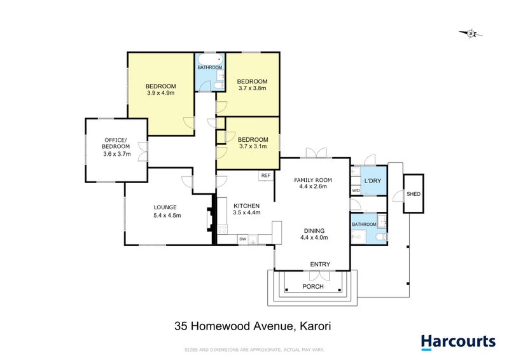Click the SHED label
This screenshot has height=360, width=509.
pyautogui.click(x=414, y=195)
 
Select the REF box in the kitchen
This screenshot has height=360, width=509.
pyautogui.click(x=265, y=175)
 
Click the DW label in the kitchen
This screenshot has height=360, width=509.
pyautogui.click(x=243, y=239)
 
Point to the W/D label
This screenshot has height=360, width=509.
pyautogui.click(x=356, y=190)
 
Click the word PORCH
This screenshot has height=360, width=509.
pyautogui.click(x=313, y=286)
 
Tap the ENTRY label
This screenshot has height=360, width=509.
pyautogui.click(x=320, y=264)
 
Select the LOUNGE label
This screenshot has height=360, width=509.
pyautogui.click(x=165, y=207)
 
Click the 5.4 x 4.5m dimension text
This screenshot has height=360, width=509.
pyautogui.click(x=167, y=216)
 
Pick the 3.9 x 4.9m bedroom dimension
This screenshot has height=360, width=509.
pyautogui.click(x=160, y=93)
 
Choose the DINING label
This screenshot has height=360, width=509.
pyautogui.click(x=314, y=230)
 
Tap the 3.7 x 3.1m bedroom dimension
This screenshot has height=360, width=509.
pyautogui.click(x=253, y=146)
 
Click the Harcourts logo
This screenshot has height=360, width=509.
pyautogui.click(x=458, y=341)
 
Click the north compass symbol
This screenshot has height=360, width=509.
pyautogui.click(x=470, y=33)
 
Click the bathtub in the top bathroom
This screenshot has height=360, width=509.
pyautogui.click(x=209, y=60)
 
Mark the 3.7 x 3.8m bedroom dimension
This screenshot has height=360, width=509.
pyautogui.click(x=253, y=89)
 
